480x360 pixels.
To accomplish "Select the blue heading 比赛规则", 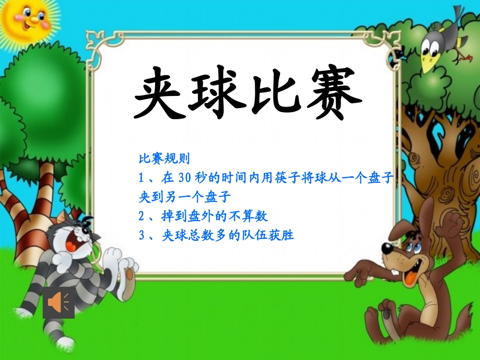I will (164, 159).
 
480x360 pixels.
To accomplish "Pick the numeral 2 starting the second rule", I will (142, 216).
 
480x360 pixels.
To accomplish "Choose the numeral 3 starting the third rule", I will (142, 235).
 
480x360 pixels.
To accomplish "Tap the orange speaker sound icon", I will (59, 302).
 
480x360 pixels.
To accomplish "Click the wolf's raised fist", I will (451, 222).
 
